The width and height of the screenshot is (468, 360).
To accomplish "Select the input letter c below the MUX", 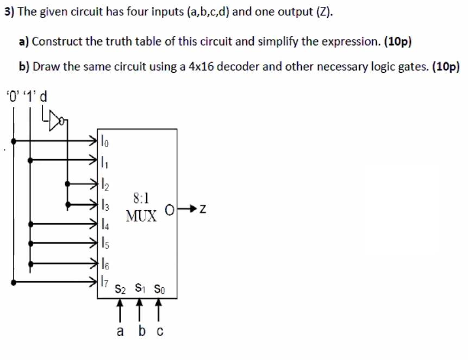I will tap(160, 330).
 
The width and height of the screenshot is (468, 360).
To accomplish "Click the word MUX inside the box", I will tap(142, 216).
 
